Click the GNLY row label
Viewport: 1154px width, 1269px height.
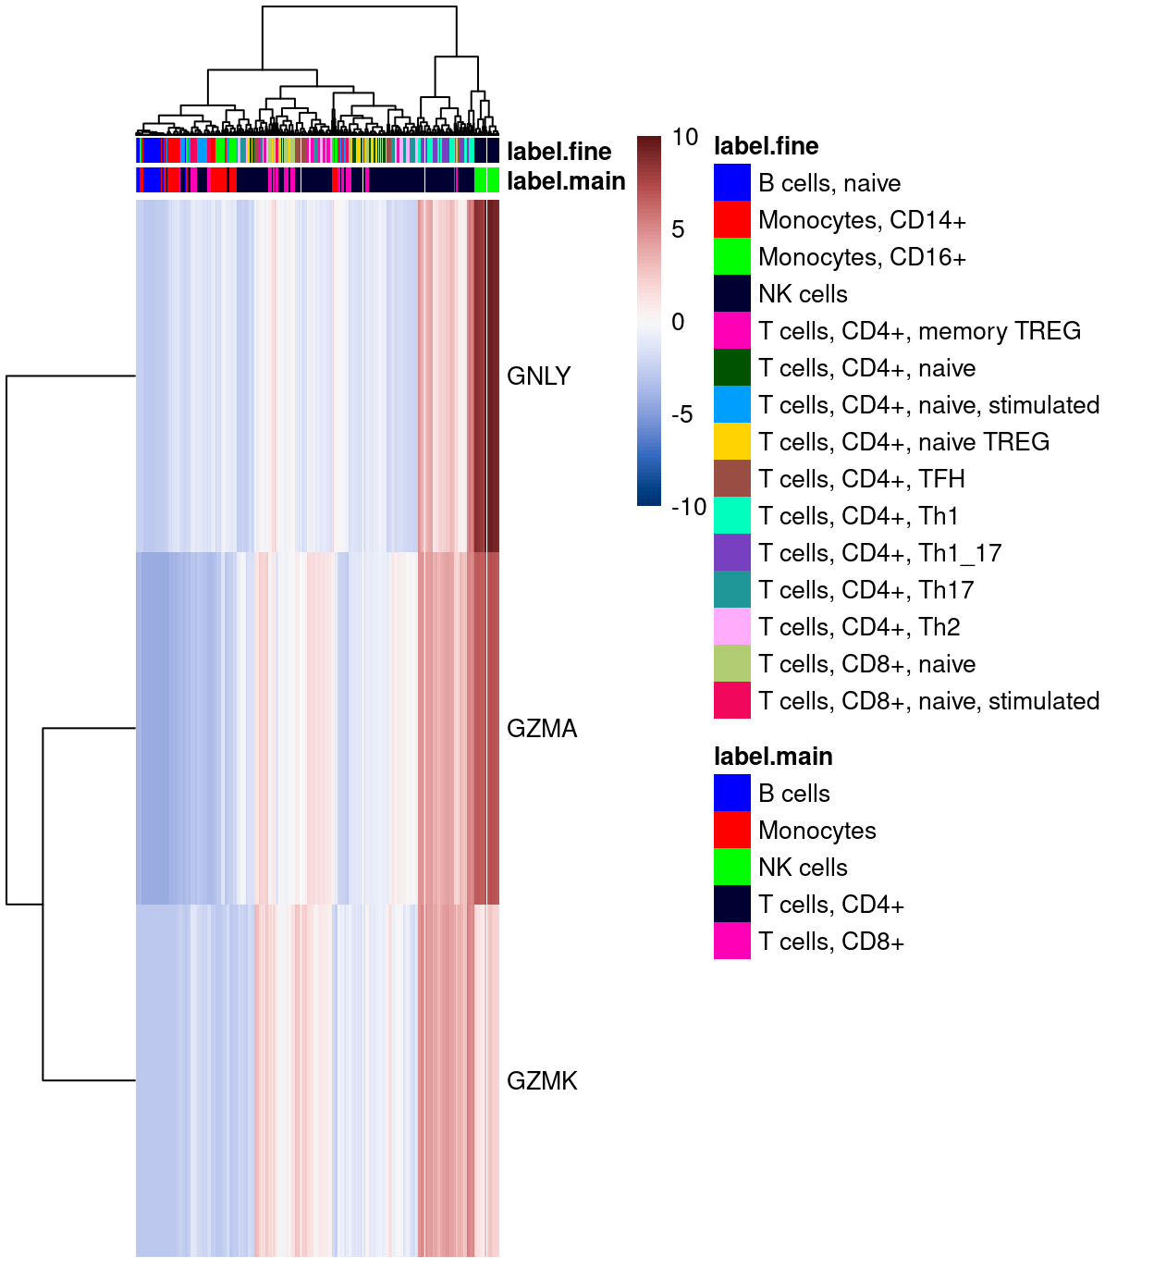[538, 376]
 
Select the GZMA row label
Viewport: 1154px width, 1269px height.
[542, 729]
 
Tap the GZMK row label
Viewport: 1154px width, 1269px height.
[542, 1080]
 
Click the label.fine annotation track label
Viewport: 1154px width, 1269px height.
[559, 152]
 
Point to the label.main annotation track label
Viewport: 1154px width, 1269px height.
[565, 181]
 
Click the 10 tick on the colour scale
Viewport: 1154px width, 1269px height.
[685, 138]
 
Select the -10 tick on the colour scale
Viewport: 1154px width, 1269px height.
[689, 507]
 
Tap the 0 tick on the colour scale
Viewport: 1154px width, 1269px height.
[678, 322]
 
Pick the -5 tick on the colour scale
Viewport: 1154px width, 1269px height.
[681, 414]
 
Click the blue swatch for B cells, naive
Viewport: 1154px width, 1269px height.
[731, 183]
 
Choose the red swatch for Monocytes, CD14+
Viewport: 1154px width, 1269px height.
[731, 220]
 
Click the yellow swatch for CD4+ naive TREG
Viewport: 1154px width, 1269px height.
[731, 442]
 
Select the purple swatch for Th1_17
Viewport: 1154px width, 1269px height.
[731, 553]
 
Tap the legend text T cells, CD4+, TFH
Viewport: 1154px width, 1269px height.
[861, 479]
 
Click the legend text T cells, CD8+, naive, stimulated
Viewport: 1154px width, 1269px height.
[928, 701]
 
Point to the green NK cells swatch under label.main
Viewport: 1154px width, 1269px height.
[731, 868]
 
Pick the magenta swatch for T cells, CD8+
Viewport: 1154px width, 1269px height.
[731, 942]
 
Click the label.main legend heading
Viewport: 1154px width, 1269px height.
[773, 757]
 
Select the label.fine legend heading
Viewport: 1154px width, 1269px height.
[766, 146]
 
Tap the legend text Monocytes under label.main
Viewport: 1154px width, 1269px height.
[816, 831]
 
